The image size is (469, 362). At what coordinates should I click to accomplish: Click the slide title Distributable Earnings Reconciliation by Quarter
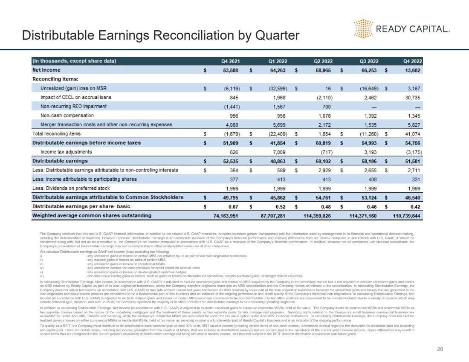click(161, 35)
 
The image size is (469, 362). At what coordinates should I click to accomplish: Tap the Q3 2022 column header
click(368, 61)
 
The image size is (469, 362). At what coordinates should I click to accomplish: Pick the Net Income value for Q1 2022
click(277, 70)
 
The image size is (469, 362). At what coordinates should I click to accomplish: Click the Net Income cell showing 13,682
click(411, 70)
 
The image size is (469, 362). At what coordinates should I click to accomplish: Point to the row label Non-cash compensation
click(67, 116)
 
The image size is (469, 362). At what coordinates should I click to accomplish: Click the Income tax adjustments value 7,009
click(279, 152)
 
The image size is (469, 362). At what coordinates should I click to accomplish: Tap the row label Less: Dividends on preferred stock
click(71, 188)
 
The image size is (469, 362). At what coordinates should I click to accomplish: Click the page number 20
click(440, 349)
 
